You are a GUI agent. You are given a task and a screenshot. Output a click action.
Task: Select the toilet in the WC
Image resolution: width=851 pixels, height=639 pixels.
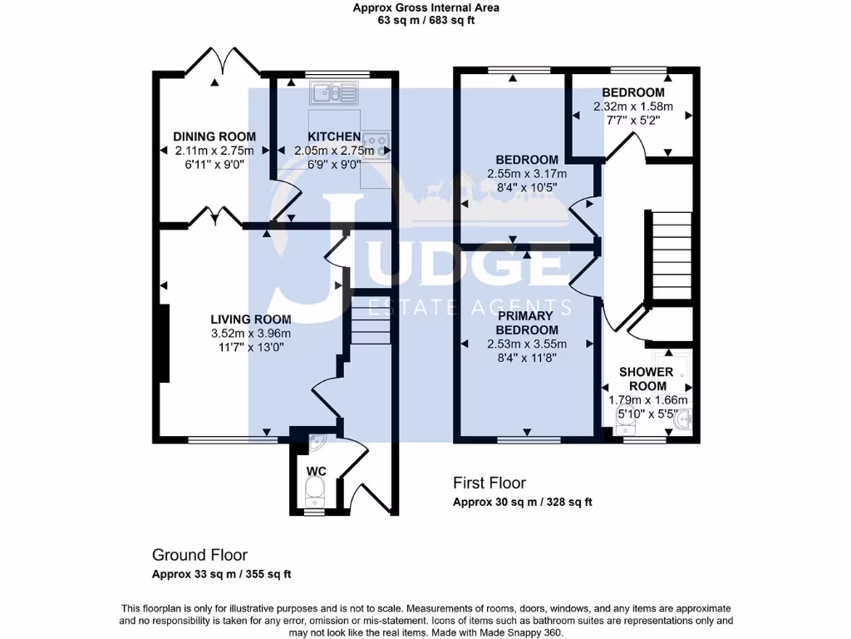pos(314,498)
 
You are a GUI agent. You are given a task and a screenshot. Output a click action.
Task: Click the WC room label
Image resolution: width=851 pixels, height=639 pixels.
pos(316,471)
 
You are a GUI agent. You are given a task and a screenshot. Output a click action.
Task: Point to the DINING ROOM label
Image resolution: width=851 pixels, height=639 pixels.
pos(214,136)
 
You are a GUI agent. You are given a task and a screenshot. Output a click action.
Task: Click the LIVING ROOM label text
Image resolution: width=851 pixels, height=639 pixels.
pos(250,319)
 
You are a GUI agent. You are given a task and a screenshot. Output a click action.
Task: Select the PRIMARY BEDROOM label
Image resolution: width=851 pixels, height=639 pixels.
pos(526,323)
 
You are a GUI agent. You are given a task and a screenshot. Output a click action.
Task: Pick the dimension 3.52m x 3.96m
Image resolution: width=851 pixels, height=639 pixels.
pos(250,333)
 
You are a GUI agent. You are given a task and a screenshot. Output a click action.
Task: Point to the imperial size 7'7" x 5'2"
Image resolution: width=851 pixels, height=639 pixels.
pos(632,121)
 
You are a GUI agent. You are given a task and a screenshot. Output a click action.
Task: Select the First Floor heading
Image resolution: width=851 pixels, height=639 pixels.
pos(489,483)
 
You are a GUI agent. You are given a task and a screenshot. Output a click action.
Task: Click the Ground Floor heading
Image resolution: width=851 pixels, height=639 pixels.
pos(199,555)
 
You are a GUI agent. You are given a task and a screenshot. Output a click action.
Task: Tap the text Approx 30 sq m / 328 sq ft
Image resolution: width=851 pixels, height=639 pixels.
pos(522,502)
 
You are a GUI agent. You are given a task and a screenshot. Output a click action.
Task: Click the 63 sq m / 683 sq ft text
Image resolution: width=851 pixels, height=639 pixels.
pos(425,21)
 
